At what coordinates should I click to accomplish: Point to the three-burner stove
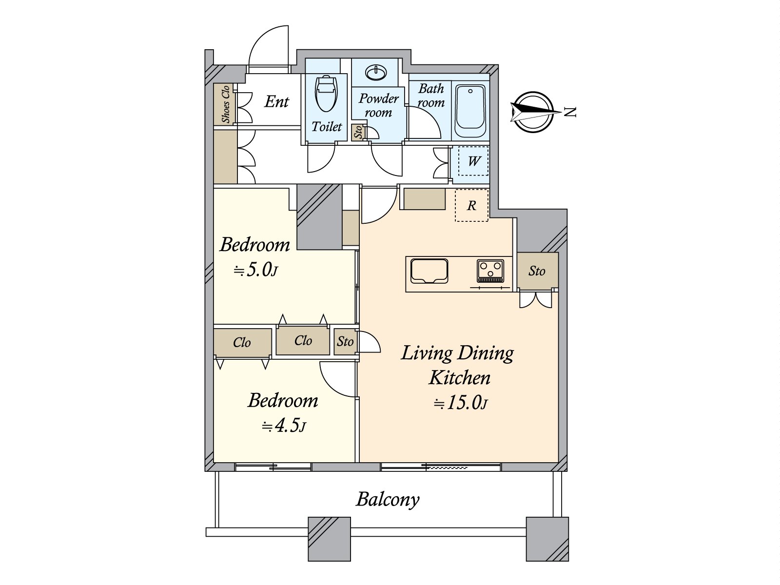click(490, 271)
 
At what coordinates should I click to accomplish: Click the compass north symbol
click(534, 112)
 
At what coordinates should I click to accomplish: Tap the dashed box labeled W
click(473, 161)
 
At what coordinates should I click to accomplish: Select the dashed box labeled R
click(471, 206)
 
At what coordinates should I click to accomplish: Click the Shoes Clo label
click(225, 104)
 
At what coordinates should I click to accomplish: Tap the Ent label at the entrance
click(276, 101)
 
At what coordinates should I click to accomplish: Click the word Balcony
click(388, 499)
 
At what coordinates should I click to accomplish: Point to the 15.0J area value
click(461, 403)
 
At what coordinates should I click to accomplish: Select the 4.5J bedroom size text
click(284, 426)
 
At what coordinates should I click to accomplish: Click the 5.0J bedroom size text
click(256, 270)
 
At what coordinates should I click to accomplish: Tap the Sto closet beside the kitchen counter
click(537, 271)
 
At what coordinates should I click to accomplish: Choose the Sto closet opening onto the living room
click(345, 341)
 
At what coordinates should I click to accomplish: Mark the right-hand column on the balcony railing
click(547, 539)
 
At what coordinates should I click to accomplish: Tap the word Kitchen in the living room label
click(459, 378)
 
